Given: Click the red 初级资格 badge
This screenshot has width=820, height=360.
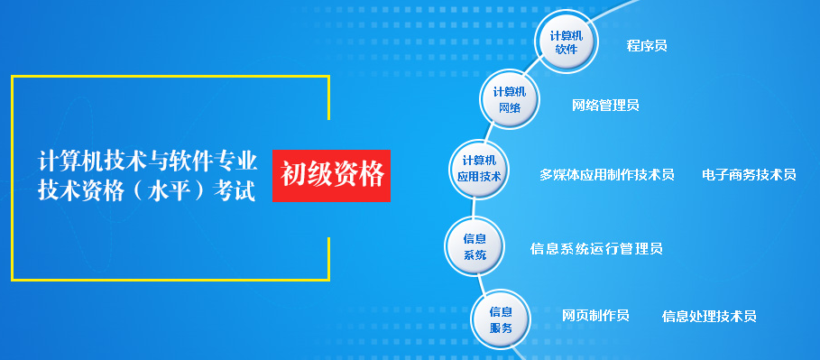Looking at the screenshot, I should point(332,174).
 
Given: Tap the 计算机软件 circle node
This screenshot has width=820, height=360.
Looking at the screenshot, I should point(567,42).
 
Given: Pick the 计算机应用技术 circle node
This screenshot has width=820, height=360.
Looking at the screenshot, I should point(479,169).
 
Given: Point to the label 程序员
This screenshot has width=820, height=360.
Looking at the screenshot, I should point(647,45).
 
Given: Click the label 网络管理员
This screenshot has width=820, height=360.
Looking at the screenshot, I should point(605,105).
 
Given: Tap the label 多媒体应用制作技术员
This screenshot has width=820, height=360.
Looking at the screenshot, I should point(607,174).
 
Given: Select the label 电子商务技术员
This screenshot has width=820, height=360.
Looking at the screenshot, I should point(749,174).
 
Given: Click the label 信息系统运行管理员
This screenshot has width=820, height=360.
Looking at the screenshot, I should point(596,248).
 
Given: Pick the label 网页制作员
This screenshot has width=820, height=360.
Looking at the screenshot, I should point(595,315).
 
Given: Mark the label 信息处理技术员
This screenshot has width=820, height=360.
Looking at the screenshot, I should point(709,316).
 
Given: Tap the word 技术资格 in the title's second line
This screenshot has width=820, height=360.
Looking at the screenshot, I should point(77,190).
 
